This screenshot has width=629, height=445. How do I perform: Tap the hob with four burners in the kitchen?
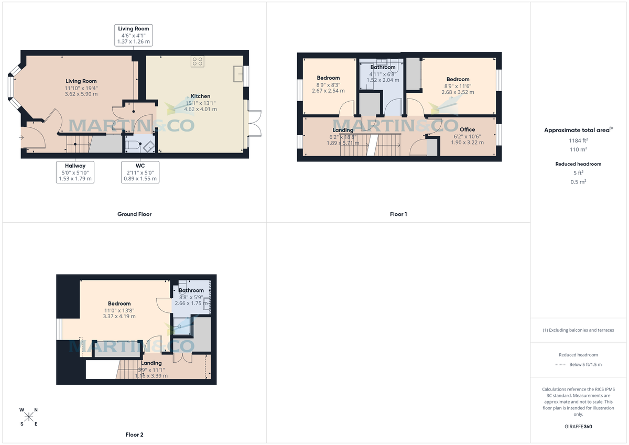198,61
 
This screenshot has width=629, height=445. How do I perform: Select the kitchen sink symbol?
238,74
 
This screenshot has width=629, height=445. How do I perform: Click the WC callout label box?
140,172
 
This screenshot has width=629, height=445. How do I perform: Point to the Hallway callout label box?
75,172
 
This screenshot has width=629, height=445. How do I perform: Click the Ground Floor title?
134,214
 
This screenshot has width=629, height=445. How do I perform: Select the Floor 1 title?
398,214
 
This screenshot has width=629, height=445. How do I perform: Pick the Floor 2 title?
134,435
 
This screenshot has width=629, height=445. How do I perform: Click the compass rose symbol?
29,417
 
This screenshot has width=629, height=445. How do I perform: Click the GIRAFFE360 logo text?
579,427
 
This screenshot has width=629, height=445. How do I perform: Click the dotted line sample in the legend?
561,364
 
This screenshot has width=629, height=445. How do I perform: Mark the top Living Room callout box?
134,35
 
